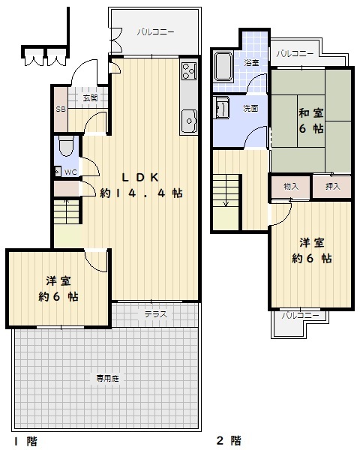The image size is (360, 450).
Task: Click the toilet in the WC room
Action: (x=66, y=145)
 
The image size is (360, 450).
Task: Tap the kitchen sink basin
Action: (x=189, y=121)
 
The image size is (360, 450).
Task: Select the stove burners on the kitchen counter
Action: (x=189, y=71)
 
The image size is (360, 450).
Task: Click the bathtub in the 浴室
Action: (x=223, y=67)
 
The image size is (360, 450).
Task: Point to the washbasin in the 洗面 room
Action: (x=222, y=108)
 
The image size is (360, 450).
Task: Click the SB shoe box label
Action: (x=61, y=109)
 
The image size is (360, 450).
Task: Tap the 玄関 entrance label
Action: (x=90, y=98)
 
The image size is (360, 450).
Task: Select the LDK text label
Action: (x=140, y=178)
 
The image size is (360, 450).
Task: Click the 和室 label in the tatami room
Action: (x=311, y=112)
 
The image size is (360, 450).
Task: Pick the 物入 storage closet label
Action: (x=291, y=187)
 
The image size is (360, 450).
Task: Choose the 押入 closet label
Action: (x=333, y=187)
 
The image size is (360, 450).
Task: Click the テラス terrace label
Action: (x=155, y=314)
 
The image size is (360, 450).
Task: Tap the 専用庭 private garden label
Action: (x=107, y=379)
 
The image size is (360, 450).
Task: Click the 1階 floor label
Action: (x=25, y=441)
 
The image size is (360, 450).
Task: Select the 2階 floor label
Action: (x=229, y=440)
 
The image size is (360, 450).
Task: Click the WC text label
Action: (x=70, y=172)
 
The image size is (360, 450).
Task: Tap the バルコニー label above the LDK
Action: (x=155, y=31)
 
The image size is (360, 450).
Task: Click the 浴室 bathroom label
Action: (x=252, y=62)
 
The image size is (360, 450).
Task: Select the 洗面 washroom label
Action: (x=250, y=109)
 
